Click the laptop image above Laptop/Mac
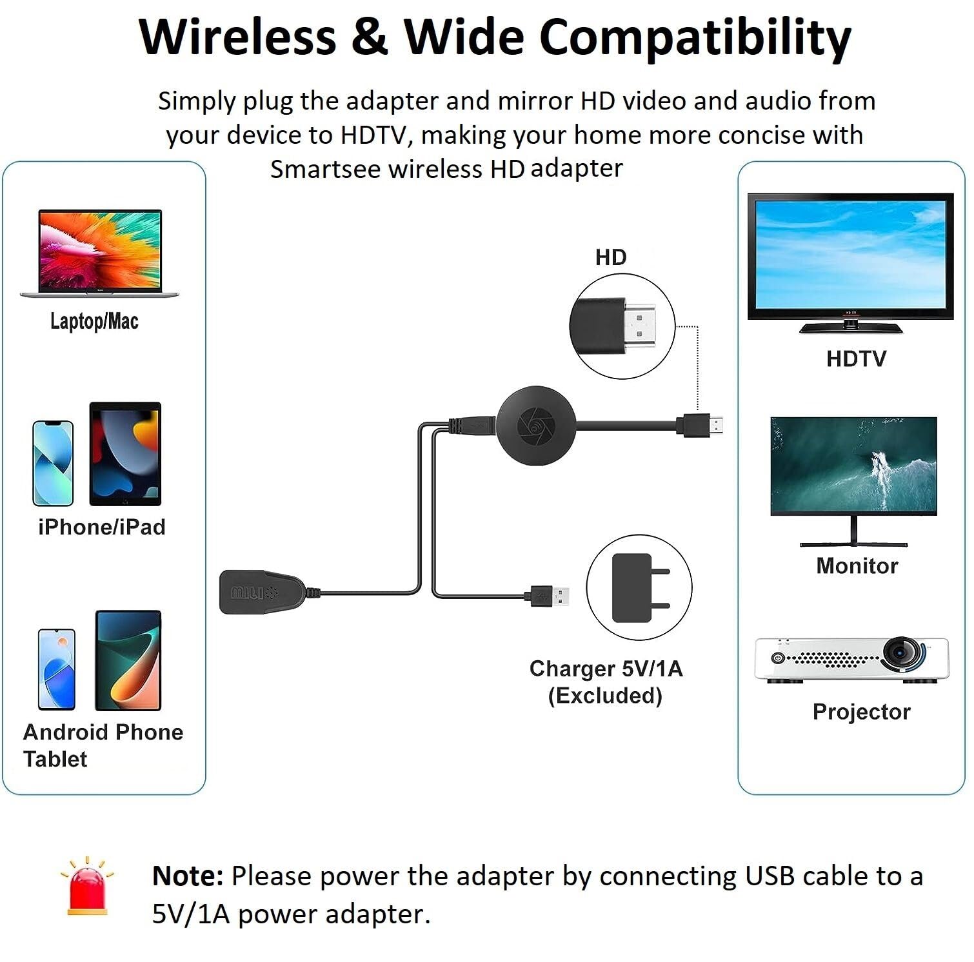[99, 253]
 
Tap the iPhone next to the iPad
[53, 463]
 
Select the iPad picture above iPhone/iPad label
[125, 454]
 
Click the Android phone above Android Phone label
[57, 669]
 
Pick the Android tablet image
[128, 660]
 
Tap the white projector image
[851, 660]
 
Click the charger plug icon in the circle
[639, 587]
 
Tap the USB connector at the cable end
[552, 596]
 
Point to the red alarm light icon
[87, 888]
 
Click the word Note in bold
[188, 876]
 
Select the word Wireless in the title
[238, 37]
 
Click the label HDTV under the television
[856, 359]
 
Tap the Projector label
[861, 712]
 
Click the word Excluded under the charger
[605, 696]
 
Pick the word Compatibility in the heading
[695, 38]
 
